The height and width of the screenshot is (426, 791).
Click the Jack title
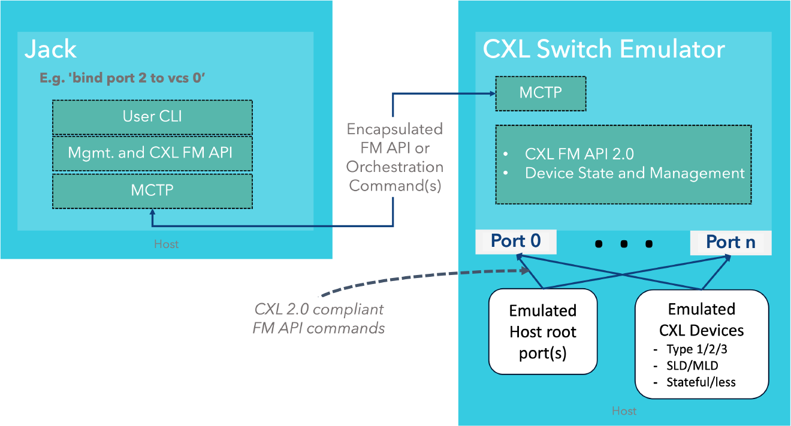click(x=51, y=50)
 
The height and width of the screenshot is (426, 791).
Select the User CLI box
click(x=152, y=117)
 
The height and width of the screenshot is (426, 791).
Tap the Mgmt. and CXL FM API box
click(x=152, y=153)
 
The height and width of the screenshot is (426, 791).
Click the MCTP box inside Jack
click(x=152, y=191)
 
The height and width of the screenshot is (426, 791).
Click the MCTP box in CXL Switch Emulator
click(x=541, y=93)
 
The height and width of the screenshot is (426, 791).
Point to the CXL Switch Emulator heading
click(x=604, y=49)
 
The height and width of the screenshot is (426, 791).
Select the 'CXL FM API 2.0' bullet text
click(x=579, y=154)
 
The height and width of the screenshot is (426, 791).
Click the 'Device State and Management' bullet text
click(x=634, y=173)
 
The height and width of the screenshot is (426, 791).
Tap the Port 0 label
click(x=515, y=241)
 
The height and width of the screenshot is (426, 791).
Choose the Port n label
click(x=730, y=242)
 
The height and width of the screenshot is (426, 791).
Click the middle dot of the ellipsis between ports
click(x=624, y=244)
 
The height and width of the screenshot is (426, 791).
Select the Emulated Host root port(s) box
click(x=543, y=331)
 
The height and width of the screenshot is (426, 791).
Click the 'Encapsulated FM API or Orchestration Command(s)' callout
click(x=394, y=157)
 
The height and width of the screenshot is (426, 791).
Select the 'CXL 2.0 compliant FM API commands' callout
click(x=319, y=319)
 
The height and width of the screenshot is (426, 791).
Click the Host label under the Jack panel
click(x=166, y=244)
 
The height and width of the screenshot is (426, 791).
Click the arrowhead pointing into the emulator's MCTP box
click(x=491, y=93)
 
